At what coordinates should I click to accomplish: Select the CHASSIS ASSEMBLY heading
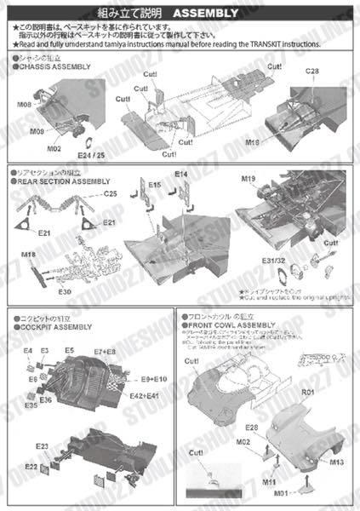click(53, 66)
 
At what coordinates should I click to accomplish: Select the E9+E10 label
click(155, 378)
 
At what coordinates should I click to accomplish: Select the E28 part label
click(252, 427)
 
